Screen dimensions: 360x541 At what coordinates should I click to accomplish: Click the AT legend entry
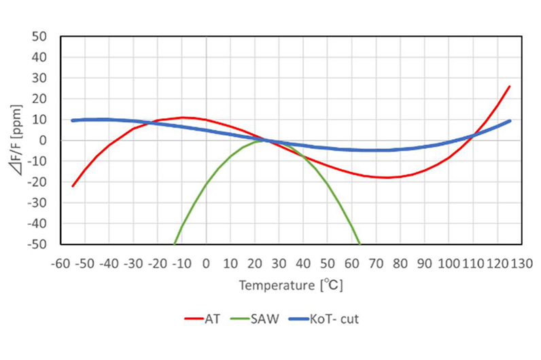coord(205,319)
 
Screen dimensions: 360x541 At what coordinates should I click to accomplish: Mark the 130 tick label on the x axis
coord(521,263)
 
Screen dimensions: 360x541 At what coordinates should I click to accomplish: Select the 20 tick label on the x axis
coord(255,263)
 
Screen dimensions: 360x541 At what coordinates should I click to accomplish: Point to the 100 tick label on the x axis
coord(449,263)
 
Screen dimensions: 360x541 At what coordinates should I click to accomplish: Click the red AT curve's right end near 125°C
coord(509,86)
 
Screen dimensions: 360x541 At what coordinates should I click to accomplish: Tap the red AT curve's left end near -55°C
coord(73,186)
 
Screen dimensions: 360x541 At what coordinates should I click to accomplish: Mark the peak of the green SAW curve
coord(262,141)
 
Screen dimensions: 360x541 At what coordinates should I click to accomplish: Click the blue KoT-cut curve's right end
coord(509,121)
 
